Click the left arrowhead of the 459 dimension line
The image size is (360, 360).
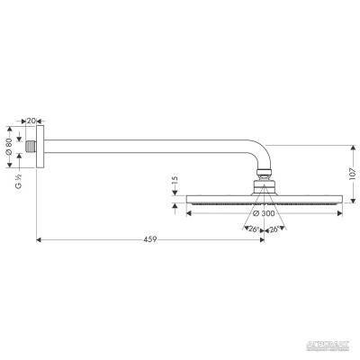click(39, 239)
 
